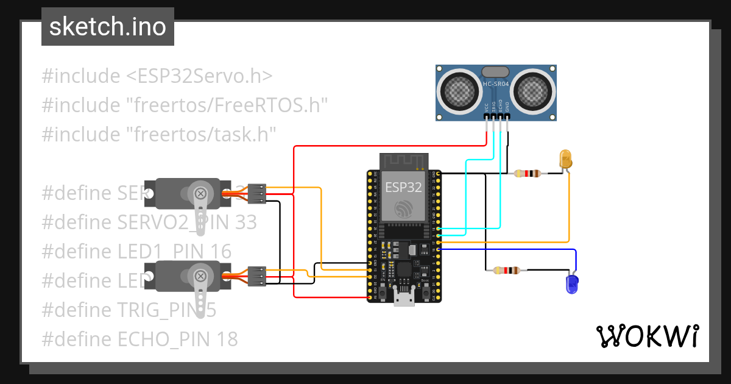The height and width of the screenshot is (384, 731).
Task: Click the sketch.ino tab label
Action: pos(107,27)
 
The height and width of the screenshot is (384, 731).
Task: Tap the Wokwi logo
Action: pos(646,336)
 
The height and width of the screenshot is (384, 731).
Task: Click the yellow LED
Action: pos(565,159)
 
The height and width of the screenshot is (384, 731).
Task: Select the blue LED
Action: pos(571,283)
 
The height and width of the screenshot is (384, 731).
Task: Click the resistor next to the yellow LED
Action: pos(527,174)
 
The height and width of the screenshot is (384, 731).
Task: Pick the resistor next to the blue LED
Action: pos(506,270)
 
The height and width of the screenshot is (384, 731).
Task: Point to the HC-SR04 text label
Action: pos(495,84)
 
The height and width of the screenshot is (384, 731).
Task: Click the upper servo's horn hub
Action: pos(199,193)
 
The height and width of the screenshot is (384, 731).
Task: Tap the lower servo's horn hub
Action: pos(199,276)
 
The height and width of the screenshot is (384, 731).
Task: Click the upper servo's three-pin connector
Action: pos(258,193)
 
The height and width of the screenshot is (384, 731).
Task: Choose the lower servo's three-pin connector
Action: pos(257,276)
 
